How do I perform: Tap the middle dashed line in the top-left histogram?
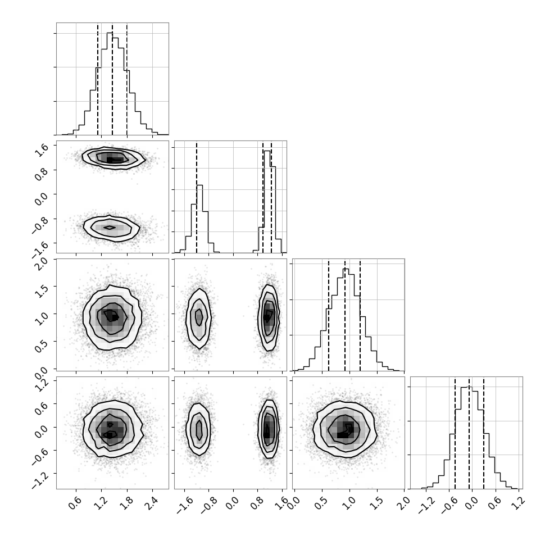(x=112, y=80)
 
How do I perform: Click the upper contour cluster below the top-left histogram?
(x=113, y=158)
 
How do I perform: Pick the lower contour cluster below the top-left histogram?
(x=112, y=228)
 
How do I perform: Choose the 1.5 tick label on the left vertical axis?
(x=42, y=291)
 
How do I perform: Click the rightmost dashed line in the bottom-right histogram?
(x=484, y=433)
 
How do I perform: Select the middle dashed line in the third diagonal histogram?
(x=345, y=316)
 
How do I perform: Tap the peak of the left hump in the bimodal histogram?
(x=199, y=185)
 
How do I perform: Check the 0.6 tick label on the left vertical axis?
(x=42, y=408)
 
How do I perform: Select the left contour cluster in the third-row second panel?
(x=199, y=319)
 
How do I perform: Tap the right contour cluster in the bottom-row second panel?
(x=269, y=429)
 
